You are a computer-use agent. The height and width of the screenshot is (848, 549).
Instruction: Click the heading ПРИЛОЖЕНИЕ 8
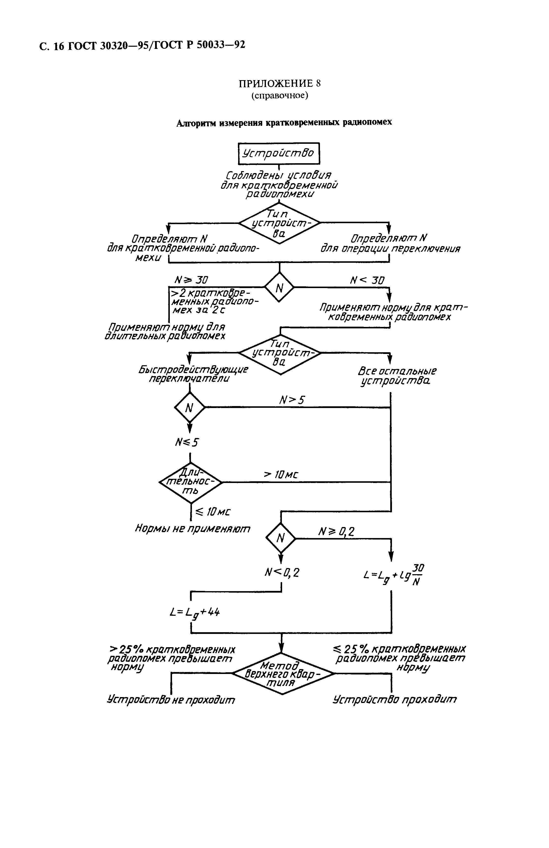point(279,83)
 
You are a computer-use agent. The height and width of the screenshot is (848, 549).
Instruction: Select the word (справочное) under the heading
point(279,95)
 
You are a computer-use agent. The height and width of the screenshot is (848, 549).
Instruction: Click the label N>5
point(292,400)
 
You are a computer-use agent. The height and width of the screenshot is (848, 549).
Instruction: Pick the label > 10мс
point(280,475)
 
